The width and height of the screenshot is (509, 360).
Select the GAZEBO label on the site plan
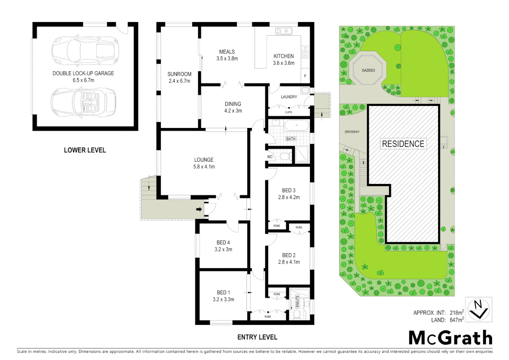[368, 70]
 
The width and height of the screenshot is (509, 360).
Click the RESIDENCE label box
[403, 144]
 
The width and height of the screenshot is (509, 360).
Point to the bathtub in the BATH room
[296, 126]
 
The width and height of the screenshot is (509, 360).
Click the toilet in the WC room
[284, 156]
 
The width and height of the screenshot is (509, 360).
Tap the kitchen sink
[284, 31]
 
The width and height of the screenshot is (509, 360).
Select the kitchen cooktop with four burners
[305, 52]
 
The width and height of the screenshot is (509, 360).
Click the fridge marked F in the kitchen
[305, 76]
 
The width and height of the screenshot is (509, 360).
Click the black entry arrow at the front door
[199, 209]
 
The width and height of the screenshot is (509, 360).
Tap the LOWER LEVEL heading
[85, 150]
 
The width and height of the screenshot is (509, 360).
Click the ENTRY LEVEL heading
[257, 337]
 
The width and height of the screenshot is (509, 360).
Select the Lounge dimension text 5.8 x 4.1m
[204, 167]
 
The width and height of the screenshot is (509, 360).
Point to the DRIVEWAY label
[352, 132]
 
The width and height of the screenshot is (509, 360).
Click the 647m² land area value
[456, 320]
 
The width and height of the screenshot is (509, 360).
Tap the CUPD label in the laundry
[288, 112]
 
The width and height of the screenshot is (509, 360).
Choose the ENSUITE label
[297, 301]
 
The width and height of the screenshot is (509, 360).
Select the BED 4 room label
[223, 242]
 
